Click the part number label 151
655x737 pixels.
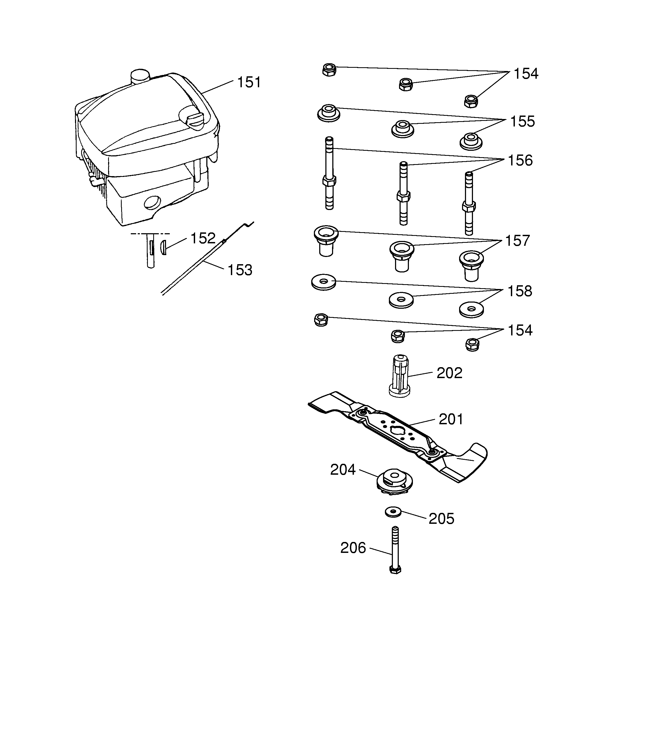(x=249, y=82)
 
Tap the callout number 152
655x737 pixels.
(x=203, y=238)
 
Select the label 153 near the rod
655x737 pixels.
(x=240, y=270)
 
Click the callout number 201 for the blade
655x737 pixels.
(x=451, y=419)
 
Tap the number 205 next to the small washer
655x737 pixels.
(x=441, y=519)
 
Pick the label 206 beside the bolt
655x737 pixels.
(x=353, y=548)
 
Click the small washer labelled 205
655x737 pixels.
(x=393, y=512)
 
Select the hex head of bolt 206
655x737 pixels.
(x=395, y=570)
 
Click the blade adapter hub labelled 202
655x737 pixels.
(x=400, y=376)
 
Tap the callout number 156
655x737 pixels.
(x=520, y=160)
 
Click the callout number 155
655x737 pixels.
(x=522, y=121)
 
